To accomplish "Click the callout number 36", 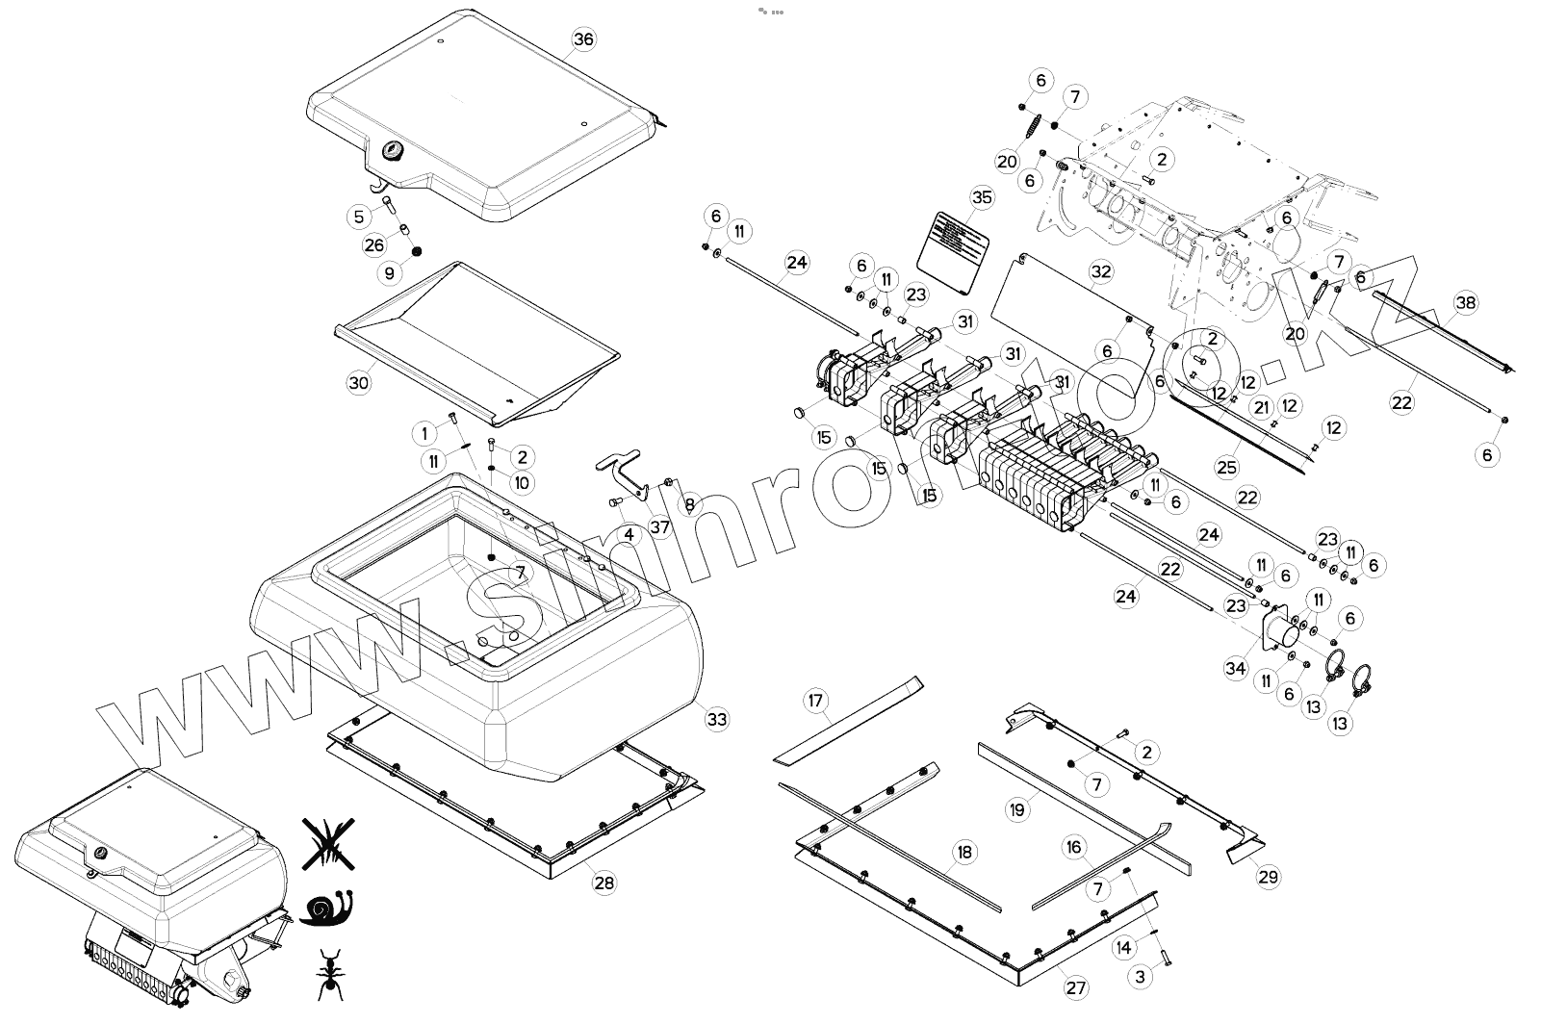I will pos(583,39).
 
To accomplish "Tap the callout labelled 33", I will pos(716,719).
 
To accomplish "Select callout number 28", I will pos(604,883).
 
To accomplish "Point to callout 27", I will pos(1076,987).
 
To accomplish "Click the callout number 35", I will pos(981,198).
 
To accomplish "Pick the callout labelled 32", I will pos(1101,271).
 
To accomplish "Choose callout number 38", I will pos(1465,303).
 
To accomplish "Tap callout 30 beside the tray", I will pos(358,382).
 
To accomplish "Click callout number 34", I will pos(1236,668).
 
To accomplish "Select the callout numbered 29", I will pos(1268,876).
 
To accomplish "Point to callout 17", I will pos(816,701).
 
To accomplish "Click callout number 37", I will pos(659,526).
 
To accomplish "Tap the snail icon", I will pos(327,908).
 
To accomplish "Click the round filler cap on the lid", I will pos(393,150).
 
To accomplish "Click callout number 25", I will pos(1226,468).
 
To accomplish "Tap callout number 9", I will pos(389,273).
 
